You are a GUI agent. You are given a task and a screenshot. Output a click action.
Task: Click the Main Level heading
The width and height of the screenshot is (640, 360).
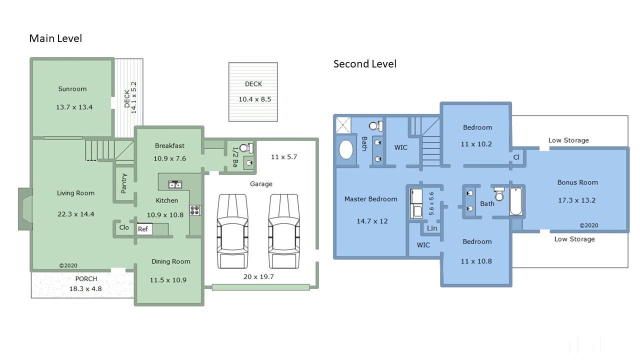click(x=55, y=38)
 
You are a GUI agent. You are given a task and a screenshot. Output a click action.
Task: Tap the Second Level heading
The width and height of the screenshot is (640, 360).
click(x=365, y=64)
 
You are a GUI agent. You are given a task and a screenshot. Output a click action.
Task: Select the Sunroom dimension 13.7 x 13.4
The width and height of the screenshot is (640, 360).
click(x=74, y=107)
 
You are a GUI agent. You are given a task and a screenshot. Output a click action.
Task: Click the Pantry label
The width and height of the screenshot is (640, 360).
click(x=123, y=183)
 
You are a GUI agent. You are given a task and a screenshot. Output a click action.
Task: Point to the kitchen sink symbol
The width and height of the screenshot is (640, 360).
click(x=175, y=184)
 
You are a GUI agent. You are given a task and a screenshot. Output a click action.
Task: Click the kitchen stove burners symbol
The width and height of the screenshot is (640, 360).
click(x=195, y=210)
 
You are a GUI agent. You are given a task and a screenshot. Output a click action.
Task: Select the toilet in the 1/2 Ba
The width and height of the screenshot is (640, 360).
click(x=246, y=148)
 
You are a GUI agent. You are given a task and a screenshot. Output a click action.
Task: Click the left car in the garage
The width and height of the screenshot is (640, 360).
click(x=232, y=231)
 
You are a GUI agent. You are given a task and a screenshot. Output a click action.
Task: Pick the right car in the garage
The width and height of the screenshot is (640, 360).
click(x=284, y=231)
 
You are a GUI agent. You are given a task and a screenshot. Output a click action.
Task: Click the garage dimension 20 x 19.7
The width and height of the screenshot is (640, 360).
click(x=258, y=277)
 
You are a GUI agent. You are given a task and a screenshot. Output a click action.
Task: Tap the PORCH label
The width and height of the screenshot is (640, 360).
click(x=86, y=279)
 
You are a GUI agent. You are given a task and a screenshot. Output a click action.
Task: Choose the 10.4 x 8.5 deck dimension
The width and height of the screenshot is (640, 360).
click(x=255, y=99)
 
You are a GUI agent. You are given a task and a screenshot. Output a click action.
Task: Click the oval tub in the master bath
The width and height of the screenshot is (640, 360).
click(x=346, y=149)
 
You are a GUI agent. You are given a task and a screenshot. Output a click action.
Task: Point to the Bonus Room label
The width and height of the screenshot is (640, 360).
click(x=577, y=182)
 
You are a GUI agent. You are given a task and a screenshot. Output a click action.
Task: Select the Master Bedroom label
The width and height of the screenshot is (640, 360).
click(x=371, y=199)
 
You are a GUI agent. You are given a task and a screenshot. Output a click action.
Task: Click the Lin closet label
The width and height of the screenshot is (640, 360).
click(x=432, y=228)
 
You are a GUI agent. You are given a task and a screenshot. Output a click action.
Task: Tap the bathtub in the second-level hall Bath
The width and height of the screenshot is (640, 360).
click(x=516, y=201)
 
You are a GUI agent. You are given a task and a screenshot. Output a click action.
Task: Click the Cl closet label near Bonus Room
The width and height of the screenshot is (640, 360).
click(x=516, y=157)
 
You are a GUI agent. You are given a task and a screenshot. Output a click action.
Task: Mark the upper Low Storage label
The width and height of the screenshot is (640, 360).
click(x=568, y=140)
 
